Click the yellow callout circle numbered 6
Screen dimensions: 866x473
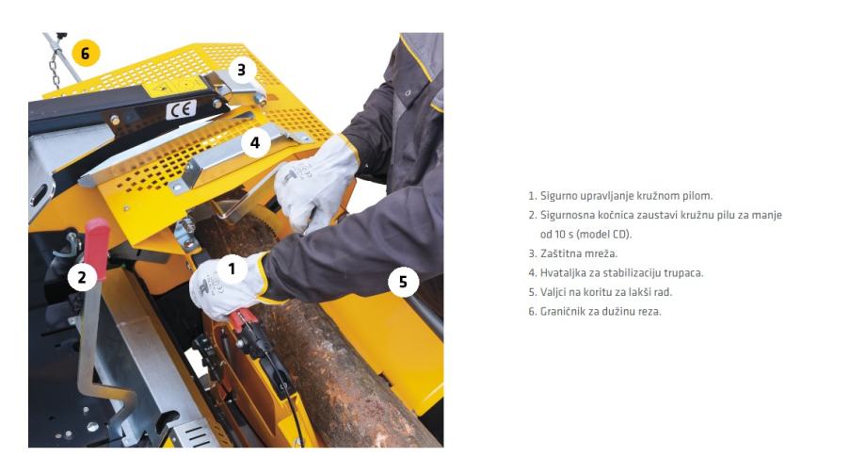pyautogui.click(x=86, y=53)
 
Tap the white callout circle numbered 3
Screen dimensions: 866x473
pyautogui.click(x=241, y=70)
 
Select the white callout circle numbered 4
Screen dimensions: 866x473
pyautogui.click(x=255, y=142)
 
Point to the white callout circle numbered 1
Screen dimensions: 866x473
pyautogui.click(x=232, y=269)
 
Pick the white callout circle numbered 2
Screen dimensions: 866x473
pyautogui.click(x=82, y=277)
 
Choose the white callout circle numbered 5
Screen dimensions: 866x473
pyautogui.click(x=403, y=282)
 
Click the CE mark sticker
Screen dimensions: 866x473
pyautogui.click(x=181, y=109)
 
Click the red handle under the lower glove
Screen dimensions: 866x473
pyautogui.click(x=244, y=318)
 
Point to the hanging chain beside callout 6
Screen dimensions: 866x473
pyautogui.click(x=55, y=65)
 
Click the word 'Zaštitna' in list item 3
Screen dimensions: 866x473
pyautogui.click(x=559, y=253)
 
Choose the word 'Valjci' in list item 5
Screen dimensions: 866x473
pyautogui.click(x=553, y=292)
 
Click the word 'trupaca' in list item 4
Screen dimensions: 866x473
pyautogui.click(x=684, y=273)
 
